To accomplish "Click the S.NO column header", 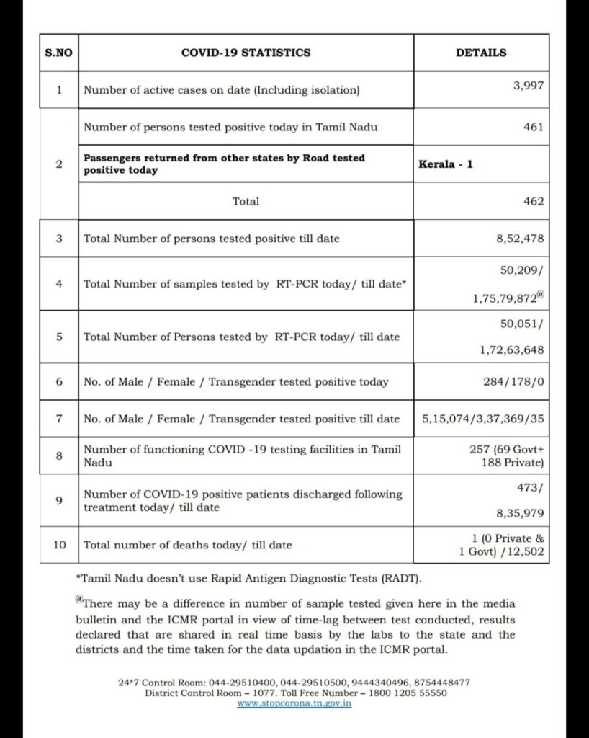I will coord(54,53).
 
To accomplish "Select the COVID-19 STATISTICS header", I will coord(246,53).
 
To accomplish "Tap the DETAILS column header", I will coord(481,53).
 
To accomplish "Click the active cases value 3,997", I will coord(527,84).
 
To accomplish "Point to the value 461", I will coord(534,128).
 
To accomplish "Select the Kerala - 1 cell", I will coord(446,164).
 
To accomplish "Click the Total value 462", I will coord(534,201).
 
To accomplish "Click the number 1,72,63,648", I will coord(512,350).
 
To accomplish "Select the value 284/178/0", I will coord(513,382).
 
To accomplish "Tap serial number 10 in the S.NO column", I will coord(59,545).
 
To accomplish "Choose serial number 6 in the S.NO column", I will coord(59,382).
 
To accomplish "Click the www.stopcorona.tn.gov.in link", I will coord(294,703).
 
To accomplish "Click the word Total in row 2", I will coord(246,201).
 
